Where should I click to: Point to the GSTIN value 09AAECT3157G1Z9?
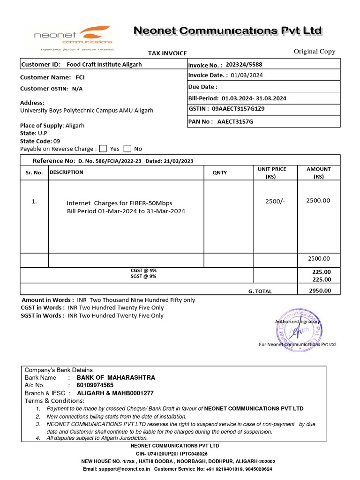pos(238,109)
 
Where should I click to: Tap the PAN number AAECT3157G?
pos(235,121)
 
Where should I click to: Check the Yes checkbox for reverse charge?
pos(104,149)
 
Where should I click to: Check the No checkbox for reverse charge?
pos(127,149)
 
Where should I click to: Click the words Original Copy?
pos(314,52)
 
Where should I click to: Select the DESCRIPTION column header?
pos(66,172)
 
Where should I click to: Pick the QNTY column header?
pos(219,172)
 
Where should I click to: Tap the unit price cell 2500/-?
pos(275,201)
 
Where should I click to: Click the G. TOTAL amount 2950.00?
pos(319,291)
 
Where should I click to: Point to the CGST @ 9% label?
pos(143,270)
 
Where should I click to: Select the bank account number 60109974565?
pos(95,385)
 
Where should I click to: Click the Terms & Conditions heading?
pos(54,401)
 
